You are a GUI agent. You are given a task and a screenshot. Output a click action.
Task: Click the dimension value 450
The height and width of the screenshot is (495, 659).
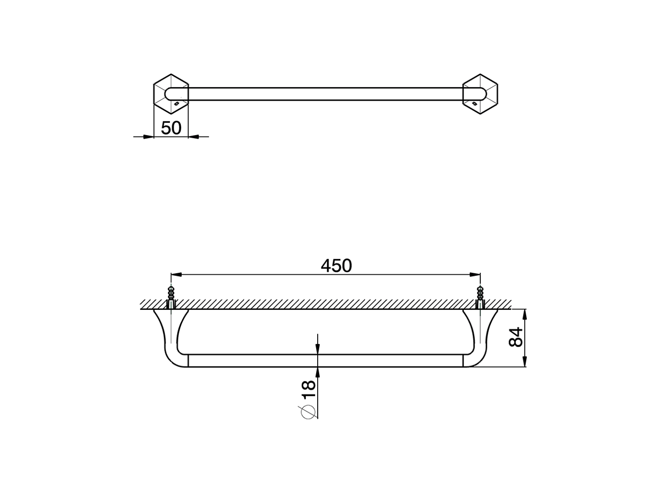[x=336, y=266]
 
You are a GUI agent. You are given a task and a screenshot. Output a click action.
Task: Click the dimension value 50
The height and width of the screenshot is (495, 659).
[x=171, y=127]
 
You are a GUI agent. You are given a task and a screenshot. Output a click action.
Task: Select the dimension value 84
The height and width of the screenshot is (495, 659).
[x=515, y=337]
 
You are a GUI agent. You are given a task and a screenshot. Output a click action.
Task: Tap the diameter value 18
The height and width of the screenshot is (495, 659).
[x=308, y=389]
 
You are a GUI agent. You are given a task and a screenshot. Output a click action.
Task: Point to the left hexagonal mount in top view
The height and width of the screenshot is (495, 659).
[x=171, y=93]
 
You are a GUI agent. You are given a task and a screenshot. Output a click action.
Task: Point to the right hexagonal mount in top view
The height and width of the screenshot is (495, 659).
[x=481, y=93]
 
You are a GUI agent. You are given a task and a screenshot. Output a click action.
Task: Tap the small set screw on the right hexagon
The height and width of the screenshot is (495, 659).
[x=475, y=104]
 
